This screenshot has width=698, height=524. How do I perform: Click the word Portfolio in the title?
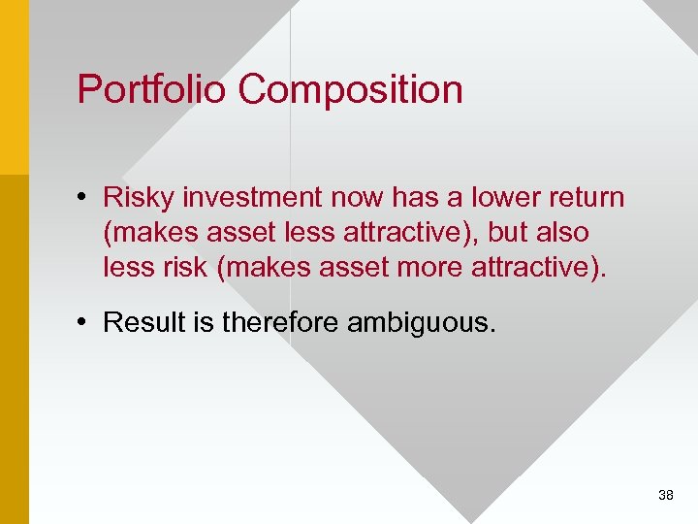152,89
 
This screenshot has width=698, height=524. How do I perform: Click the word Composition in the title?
350,89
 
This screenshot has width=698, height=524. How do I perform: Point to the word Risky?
138,198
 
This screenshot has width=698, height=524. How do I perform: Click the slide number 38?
665,496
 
